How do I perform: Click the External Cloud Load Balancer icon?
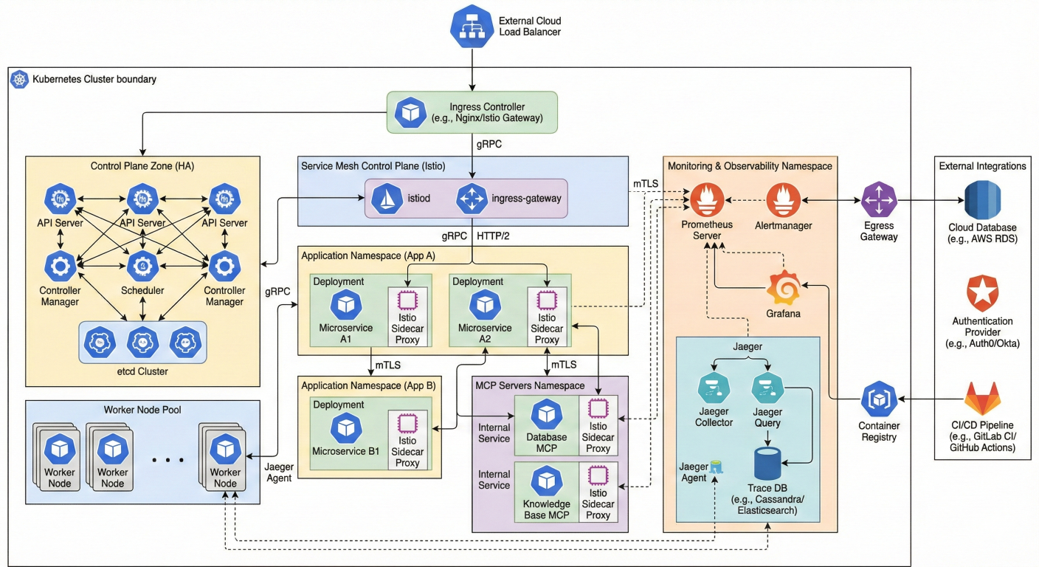[471, 27]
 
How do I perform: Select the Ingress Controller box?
[472, 112]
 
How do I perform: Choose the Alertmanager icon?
[783, 200]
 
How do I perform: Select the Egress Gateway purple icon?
[879, 200]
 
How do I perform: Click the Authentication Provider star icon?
[982, 295]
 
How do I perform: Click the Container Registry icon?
[878, 399]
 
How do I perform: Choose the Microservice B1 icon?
[345, 428]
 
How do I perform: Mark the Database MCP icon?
[546, 413]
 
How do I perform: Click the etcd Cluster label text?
[142, 371]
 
